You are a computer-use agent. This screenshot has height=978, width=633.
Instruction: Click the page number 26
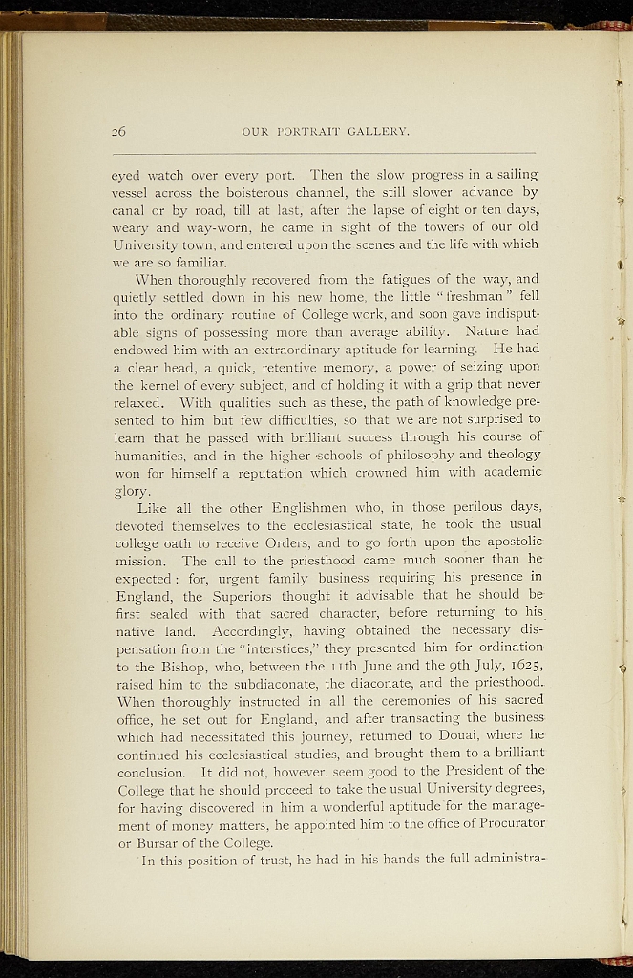point(118,131)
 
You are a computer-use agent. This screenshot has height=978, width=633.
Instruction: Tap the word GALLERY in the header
point(375,131)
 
